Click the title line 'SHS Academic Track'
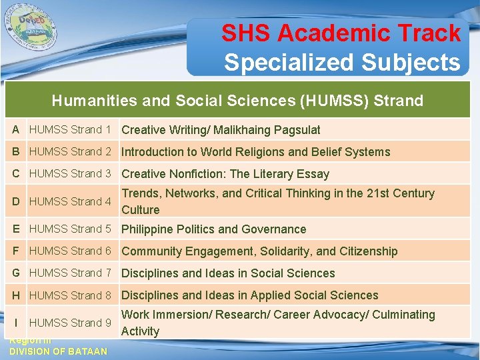tap(341, 33)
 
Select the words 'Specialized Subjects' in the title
tap(341, 62)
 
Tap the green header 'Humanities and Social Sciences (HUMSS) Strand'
tap(237, 101)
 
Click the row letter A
tap(15, 129)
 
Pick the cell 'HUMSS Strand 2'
tap(70, 151)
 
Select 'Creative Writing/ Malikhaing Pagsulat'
tap(221, 130)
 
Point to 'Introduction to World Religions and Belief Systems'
tap(255, 152)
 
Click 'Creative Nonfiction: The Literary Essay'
tap(225, 174)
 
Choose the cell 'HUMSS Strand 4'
tap(70, 201)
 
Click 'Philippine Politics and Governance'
tap(213, 229)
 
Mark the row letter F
tap(15, 251)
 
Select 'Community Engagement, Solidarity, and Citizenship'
tap(259, 251)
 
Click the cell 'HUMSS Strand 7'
tap(70, 273)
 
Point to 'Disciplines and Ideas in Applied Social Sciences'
tap(249, 295)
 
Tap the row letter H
tap(15, 295)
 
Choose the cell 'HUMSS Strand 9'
tap(70, 323)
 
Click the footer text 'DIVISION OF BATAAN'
tap(58, 351)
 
